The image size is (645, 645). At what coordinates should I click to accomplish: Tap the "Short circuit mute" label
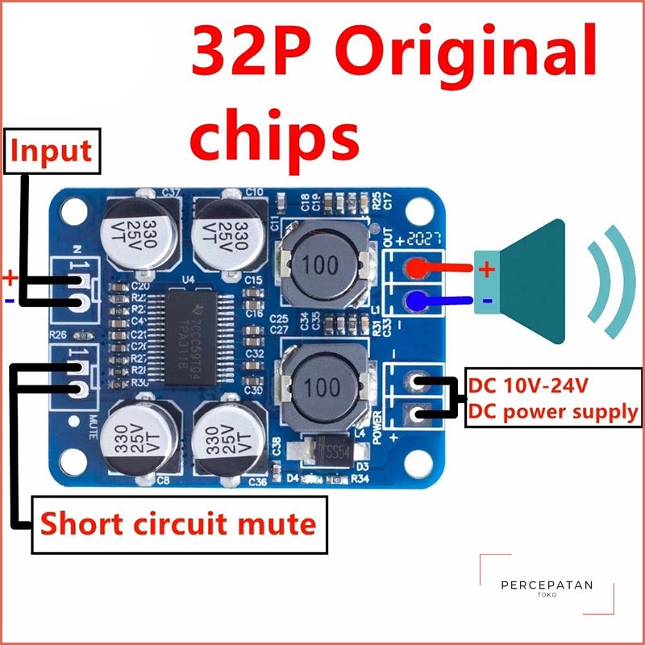click(x=178, y=524)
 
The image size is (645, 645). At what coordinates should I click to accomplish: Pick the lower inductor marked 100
click(x=322, y=388)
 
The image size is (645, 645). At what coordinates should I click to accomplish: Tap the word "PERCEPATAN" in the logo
click(x=547, y=584)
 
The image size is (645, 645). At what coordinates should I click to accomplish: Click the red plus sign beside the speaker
click(x=487, y=270)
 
